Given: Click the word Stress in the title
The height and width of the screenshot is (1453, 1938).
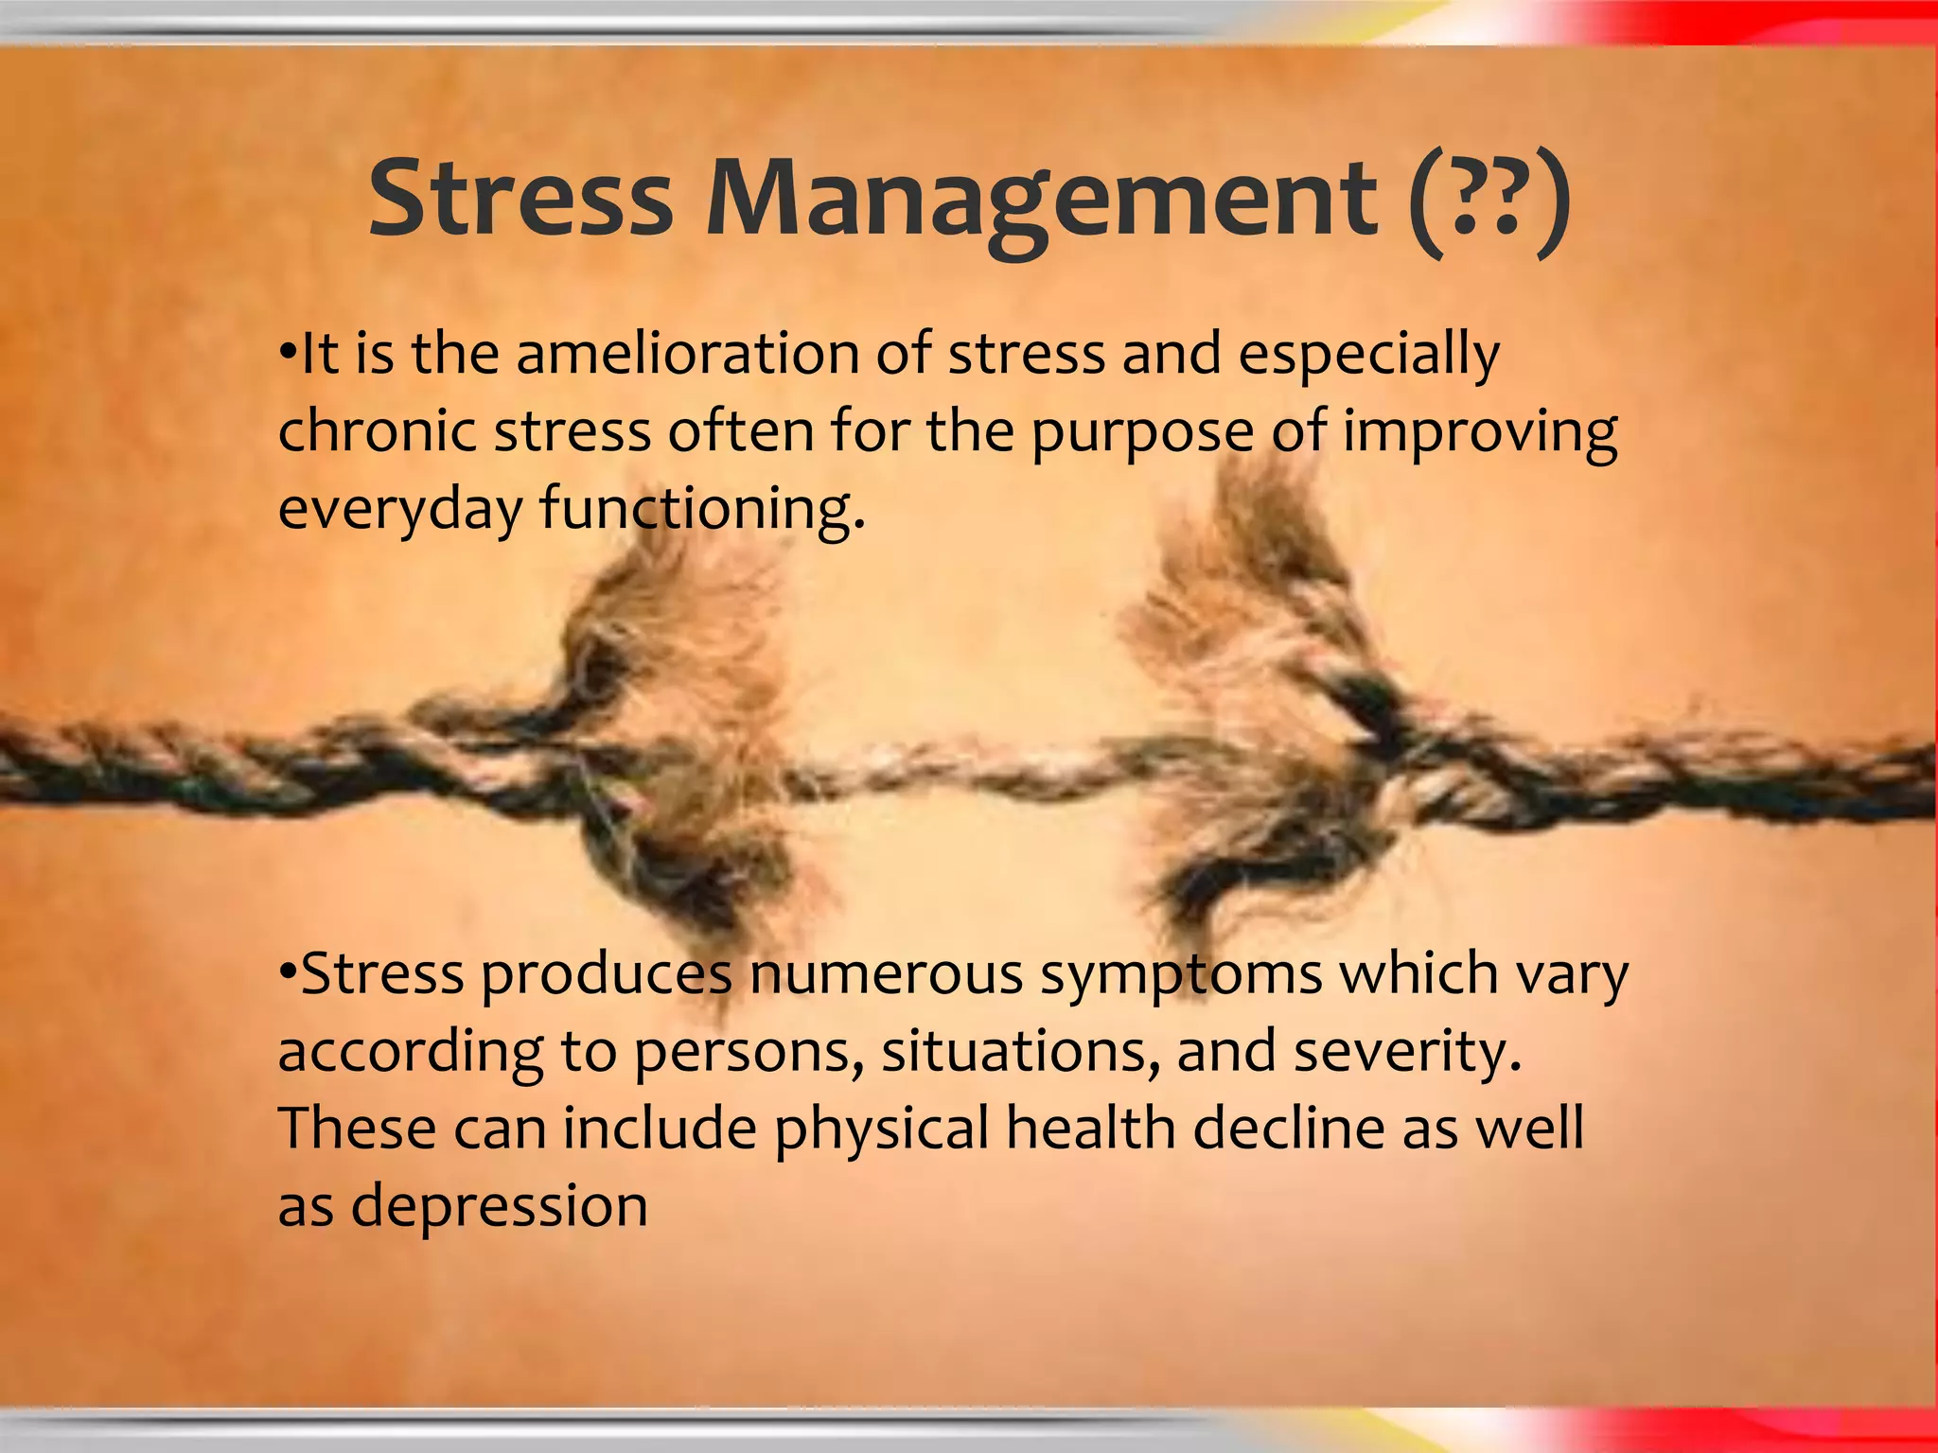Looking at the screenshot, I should [x=520, y=199].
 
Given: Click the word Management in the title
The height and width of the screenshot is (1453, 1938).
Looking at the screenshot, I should [x=1041, y=199].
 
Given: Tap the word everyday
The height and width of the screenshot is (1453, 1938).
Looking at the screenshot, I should [x=399, y=511].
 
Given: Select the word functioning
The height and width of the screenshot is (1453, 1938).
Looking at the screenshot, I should [x=700, y=511].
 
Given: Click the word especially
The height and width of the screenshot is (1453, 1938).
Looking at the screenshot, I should [x=1368, y=356].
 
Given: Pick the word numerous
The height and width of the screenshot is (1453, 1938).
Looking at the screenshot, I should [x=886, y=974].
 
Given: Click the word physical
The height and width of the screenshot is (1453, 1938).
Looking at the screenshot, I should [x=881, y=1129].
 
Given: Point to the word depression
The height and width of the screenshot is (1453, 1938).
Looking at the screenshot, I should [x=500, y=1208].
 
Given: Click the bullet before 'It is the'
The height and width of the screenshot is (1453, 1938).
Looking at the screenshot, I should [x=288, y=354].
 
